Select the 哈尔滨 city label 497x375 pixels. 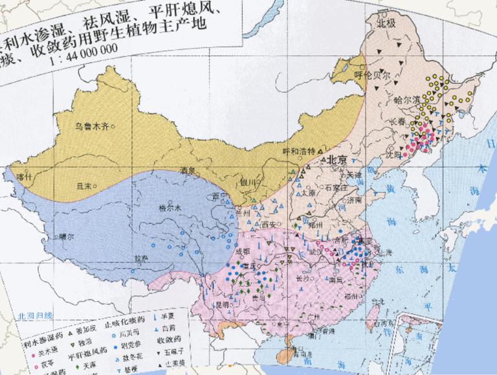pyautogui.click(x=407, y=100)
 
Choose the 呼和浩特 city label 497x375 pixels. pyautogui.click(x=298, y=150)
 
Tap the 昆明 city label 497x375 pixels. pyautogui.click(x=223, y=303)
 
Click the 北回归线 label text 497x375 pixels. pyautogui.click(x=35, y=315)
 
